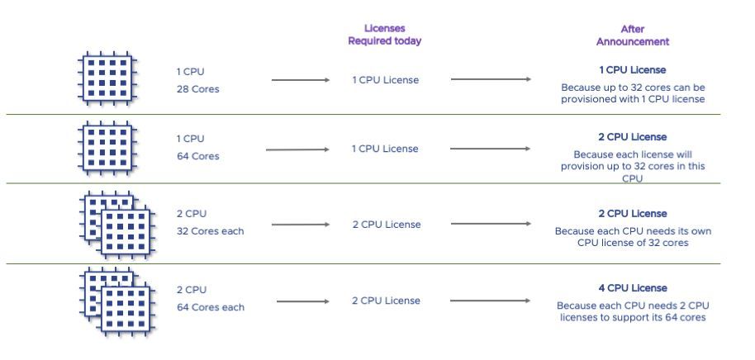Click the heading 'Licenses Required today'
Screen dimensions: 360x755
384,34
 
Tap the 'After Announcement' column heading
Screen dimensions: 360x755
632,35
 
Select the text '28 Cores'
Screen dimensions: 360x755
197,88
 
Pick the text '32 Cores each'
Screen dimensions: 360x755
210,230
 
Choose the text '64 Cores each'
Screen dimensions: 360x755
210,307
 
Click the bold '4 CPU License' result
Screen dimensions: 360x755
633,288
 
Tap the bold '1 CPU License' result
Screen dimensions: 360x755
633,70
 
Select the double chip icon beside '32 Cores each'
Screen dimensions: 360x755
117,222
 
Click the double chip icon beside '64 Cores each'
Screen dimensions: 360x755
117,299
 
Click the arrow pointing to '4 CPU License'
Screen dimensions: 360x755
491,301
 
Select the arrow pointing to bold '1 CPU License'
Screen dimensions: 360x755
491,80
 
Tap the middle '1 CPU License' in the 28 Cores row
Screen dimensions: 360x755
385,80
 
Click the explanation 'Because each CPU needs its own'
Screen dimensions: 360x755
633,231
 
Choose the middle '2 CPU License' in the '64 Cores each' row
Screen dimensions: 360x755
386,301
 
